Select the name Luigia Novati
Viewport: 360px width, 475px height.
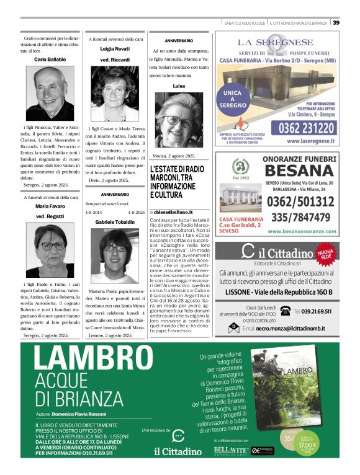click(x=115, y=48)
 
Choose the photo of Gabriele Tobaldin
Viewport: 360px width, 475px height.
click(x=115, y=255)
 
